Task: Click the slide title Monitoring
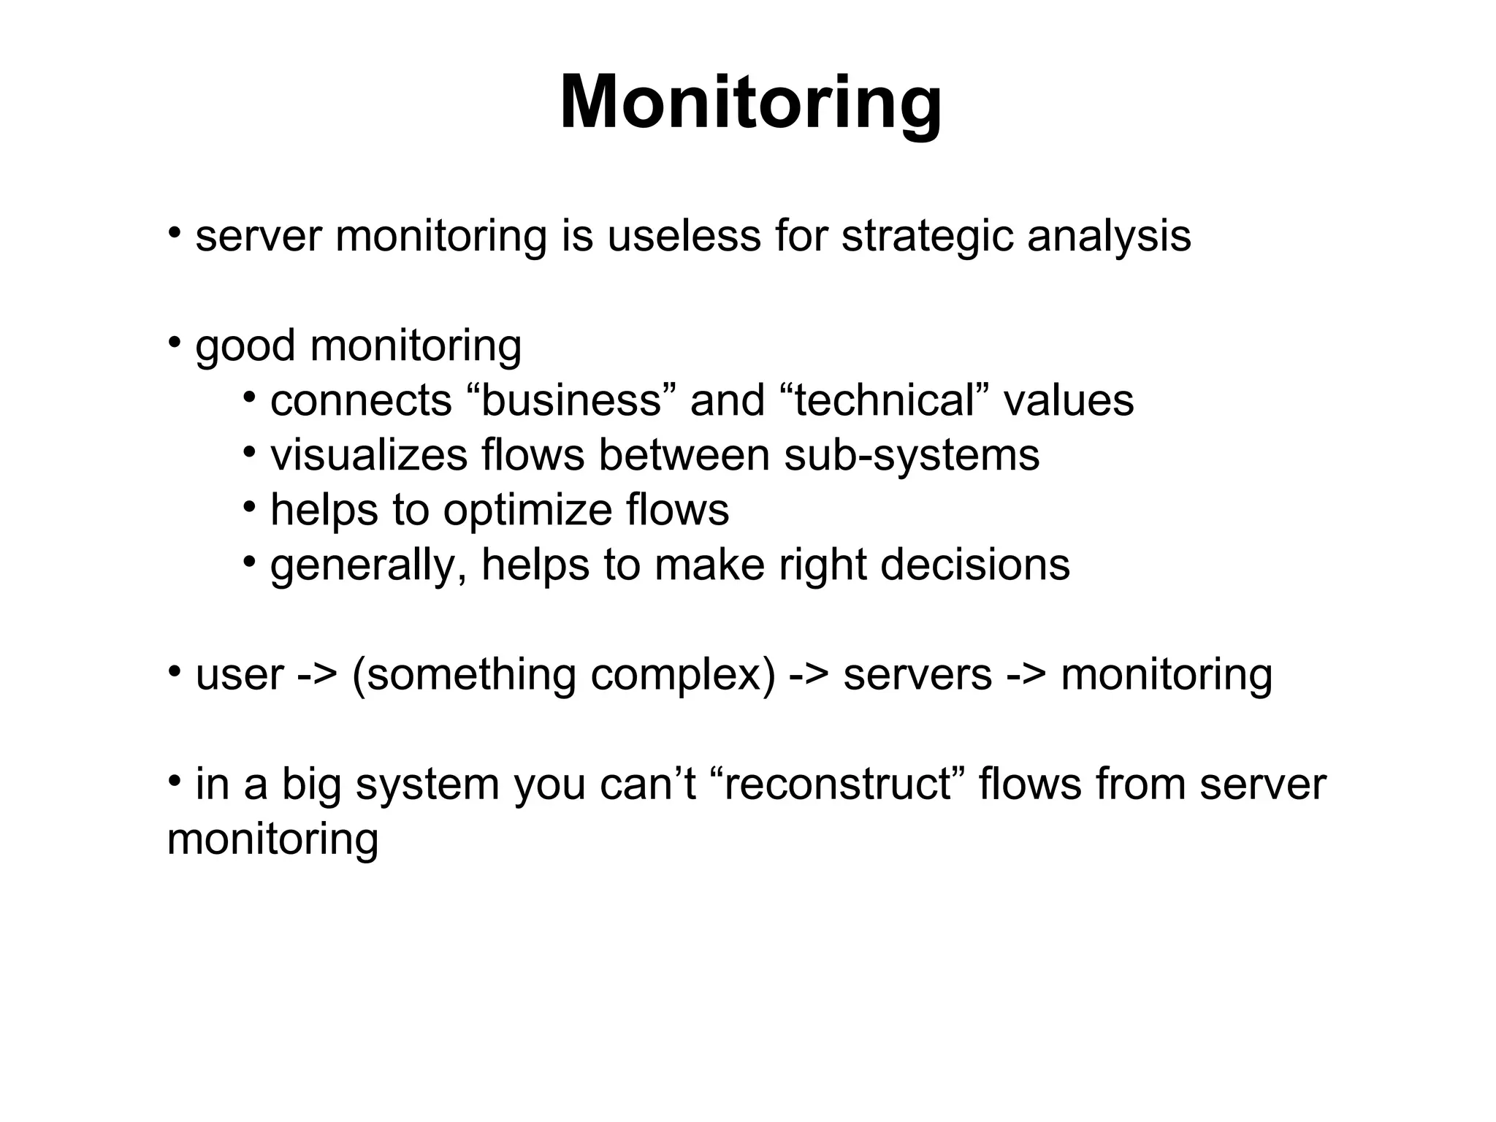(x=750, y=103)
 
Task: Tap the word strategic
(x=927, y=237)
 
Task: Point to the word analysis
(x=1109, y=237)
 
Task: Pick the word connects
(x=361, y=401)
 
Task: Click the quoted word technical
(x=885, y=401)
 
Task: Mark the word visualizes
(x=369, y=456)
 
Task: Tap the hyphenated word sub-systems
(x=912, y=456)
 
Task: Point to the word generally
(x=369, y=565)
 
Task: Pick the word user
(x=239, y=675)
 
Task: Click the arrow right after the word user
(x=318, y=675)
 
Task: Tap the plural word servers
(x=917, y=675)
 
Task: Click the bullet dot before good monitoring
(x=175, y=342)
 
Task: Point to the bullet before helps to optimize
(x=250, y=506)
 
